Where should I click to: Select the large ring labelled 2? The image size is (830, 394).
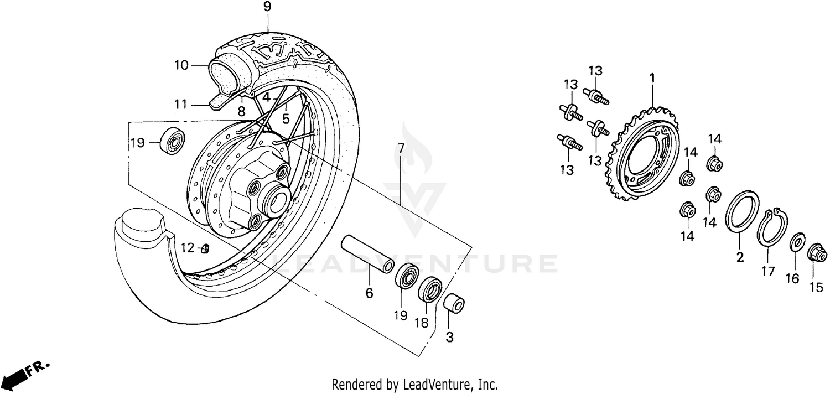point(742,216)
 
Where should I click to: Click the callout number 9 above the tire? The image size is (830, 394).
point(267,8)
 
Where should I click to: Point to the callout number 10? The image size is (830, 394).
point(181,65)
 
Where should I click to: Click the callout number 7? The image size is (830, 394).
point(401,148)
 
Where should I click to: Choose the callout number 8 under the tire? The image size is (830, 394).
point(241,112)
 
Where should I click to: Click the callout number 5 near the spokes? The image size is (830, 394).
point(286,118)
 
